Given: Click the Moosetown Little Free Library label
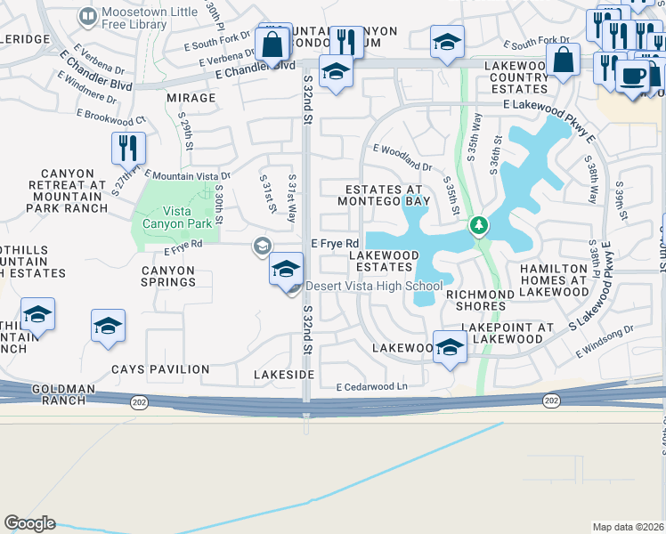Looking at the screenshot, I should (x=135, y=19).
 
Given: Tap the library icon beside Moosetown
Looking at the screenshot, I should (x=88, y=15).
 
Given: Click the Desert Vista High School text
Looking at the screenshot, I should (x=374, y=286).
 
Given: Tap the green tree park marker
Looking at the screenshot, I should (x=479, y=225).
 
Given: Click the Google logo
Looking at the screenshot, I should (x=29, y=523).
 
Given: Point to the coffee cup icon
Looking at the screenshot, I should (x=633, y=76).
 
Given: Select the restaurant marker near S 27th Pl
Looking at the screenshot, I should (x=127, y=148).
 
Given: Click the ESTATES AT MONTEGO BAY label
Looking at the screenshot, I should (x=387, y=195).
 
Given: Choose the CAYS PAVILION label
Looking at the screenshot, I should (x=160, y=368).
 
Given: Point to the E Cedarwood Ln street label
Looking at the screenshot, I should (x=371, y=387).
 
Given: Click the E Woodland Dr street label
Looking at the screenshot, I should (x=402, y=158).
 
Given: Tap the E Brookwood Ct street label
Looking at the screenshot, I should (x=110, y=117).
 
